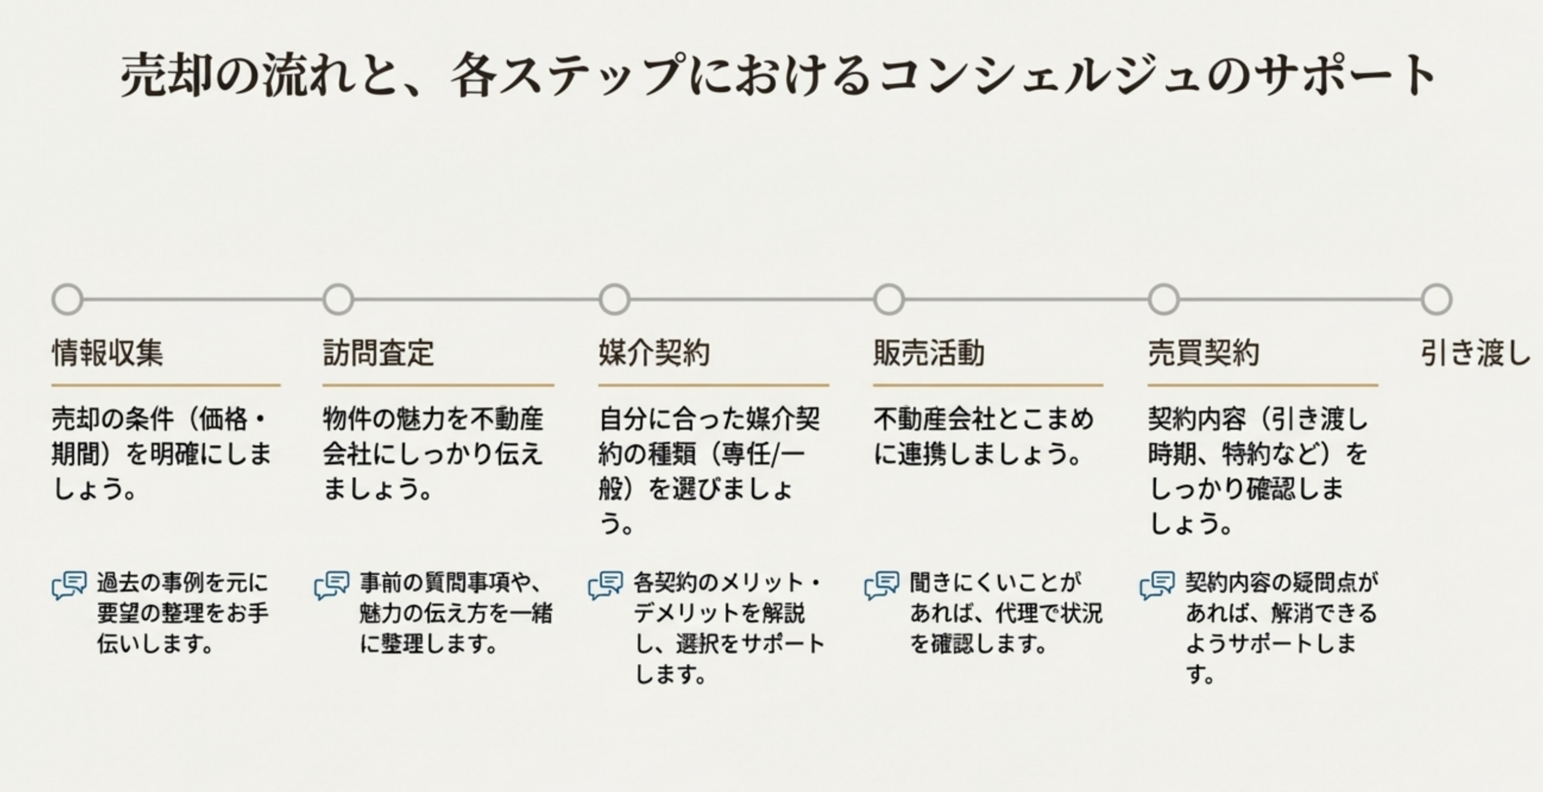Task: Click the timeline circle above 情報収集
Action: [x=67, y=300]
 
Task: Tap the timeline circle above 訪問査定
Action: [x=338, y=300]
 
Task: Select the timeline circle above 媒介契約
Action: [x=614, y=300]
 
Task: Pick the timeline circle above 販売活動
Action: [x=889, y=300]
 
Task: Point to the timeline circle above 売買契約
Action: [x=1163, y=300]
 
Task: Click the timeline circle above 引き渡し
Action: [x=1436, y=300]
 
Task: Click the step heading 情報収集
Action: [x=107, y=353]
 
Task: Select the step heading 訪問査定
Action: [x=379, y=353]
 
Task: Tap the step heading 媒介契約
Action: [x=654, y=353]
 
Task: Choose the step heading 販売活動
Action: [x=929, y=353]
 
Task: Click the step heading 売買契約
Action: [x=1203, y=353]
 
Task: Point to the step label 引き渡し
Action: [x=1475, y=353]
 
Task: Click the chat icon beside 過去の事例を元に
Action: [x=69, y=585]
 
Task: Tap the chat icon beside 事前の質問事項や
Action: [x=332, y=585]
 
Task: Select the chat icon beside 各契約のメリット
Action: [x=605, y=585]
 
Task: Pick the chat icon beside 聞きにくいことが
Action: [x=881, y=585]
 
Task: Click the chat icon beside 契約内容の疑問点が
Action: [x=1157, y=585]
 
